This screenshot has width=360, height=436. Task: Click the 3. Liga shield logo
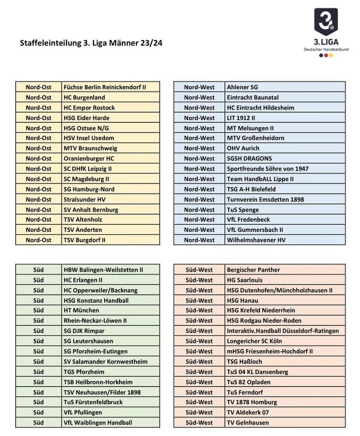tap(326, 22)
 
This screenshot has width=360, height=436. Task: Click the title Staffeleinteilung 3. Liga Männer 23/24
tap(91, 43)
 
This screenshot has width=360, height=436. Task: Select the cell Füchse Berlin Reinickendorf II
tap(105, 87)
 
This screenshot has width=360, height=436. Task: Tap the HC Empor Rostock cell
tap(89, 108)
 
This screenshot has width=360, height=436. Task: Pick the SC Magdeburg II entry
tap(86, 179)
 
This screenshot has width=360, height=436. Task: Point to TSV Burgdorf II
tap(85, 240)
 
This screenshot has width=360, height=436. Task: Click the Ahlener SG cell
tap(242, 87)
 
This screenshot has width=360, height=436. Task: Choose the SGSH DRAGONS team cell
tap(249, 158)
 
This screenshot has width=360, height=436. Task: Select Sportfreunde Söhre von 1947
tap(268, 168)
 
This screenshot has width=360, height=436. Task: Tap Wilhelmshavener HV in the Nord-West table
tap(256, 240)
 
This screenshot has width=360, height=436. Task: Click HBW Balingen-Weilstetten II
tap(103, 270)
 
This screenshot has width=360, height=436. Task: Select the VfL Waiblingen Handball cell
tap(98, 422)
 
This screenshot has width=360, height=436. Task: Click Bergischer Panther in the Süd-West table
tap(253, 270)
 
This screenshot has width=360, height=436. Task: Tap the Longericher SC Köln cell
tap(255, 341)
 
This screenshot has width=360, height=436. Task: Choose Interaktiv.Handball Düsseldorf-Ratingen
tap(283, 331)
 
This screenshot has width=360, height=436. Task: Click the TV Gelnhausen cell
tap(248, 422)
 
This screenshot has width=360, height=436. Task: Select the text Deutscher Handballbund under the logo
tap(326, 50)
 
